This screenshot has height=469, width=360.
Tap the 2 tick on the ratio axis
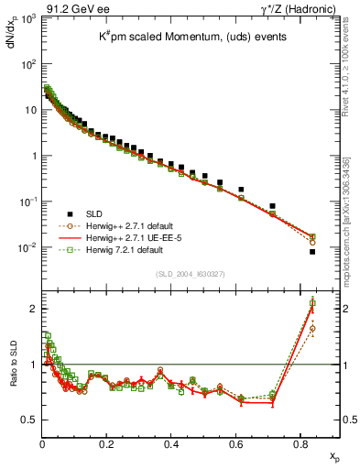(34, 309)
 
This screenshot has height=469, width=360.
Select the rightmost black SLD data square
(312, 251)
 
